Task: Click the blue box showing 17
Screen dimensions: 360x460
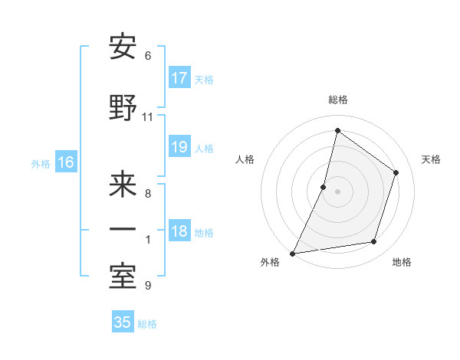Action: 179,78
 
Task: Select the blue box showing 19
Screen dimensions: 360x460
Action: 179,147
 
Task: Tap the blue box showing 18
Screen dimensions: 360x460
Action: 179,232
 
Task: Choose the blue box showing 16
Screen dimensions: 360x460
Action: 66,162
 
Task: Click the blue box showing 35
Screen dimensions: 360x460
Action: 123,322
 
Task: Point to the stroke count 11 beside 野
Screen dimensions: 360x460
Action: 147,117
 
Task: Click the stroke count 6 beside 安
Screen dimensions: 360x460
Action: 147,56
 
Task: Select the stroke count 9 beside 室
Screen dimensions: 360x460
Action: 147,286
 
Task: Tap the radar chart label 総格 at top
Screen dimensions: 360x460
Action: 337,100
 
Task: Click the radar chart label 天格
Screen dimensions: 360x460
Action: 431,159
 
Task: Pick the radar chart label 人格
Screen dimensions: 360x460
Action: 245,159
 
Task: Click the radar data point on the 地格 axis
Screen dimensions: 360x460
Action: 374,242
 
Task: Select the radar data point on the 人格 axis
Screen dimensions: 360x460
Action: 324,187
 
